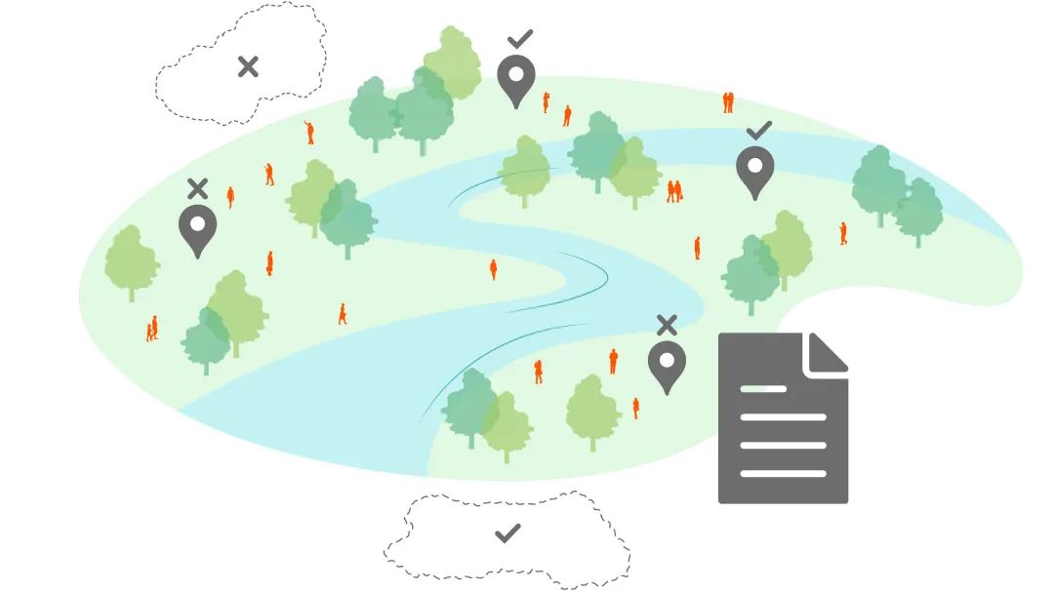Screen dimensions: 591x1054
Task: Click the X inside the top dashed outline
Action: point(248,66)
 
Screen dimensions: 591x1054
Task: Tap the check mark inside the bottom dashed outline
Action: point(507,533)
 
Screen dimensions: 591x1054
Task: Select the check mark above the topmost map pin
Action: point(520,39)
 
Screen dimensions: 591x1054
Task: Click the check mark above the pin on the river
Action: point(758,130)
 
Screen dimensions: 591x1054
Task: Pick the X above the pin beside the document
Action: point(667,325)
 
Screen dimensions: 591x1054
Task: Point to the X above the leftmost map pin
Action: point(198,187)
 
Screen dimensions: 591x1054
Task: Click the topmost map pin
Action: point(516,79)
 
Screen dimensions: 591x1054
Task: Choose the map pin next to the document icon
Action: point(667,365)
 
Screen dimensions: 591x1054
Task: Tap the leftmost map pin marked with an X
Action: point(197,229)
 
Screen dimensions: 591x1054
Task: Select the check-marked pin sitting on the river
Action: point(754,171)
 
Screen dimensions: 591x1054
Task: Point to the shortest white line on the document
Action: point(763,389)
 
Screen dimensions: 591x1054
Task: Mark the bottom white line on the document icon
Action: point(783,474)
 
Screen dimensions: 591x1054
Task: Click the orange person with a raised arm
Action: point(309,132)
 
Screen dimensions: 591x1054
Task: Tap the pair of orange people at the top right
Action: point(728,102)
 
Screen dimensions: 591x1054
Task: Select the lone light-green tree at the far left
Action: point(132,261)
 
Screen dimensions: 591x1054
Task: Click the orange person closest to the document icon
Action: point(635,408)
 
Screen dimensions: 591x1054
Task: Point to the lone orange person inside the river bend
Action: point(493,268)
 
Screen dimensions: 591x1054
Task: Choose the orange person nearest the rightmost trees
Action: point(843,234)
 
